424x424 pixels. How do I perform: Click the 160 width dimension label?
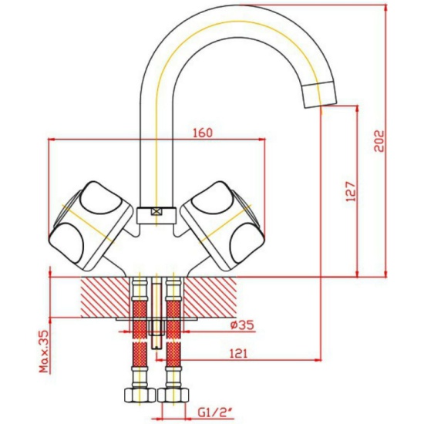(203, 133)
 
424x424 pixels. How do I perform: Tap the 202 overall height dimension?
(379, 141)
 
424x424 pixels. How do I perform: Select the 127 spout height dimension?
(351, 192)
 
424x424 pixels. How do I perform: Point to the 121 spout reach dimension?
(238, 353)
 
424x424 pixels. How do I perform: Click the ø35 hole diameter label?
(243, 325)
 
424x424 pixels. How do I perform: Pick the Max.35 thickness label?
(44, 352)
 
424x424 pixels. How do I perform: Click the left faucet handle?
(91, 226)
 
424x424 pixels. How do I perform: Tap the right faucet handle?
(222, 226)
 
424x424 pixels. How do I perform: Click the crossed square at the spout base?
(156, 212)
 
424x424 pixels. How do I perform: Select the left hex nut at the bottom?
(140, 395)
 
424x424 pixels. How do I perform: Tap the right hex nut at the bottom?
(173, 395)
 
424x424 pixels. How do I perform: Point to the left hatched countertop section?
(105, 297)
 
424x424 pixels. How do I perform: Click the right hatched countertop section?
(210, 297)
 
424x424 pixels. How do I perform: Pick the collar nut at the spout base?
(156, 216)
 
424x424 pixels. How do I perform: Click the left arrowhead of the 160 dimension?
(52, 140)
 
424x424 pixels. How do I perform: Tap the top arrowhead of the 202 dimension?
(385, 8)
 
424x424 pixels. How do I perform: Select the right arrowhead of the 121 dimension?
(318, 360)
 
